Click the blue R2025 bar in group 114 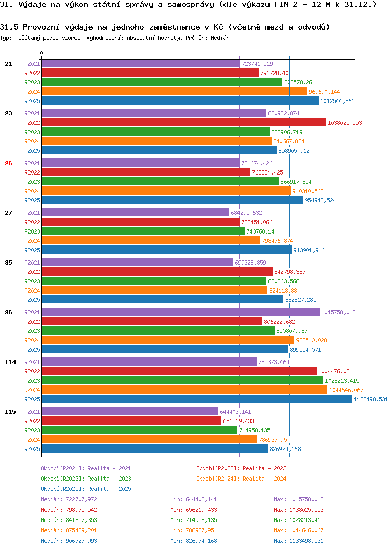(197, 399)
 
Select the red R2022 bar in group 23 (184, 122)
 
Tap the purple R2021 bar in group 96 (181, 312)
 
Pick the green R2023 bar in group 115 (140, 430)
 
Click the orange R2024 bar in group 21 (174, 91)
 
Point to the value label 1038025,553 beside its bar (345, 123)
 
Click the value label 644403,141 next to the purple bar (235, 412)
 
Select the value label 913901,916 (309, 250)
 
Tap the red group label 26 (8, 163)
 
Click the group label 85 (8, 263)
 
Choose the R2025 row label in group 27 (32, 250)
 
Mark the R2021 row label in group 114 (32, 362)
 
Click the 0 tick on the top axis (42, 54)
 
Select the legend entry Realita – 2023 (109, 479)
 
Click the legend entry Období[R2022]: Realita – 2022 (241, 468)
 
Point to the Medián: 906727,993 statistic (69, 541)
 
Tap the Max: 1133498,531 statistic (299, 541)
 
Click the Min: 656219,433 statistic (193, 510)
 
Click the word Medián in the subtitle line (220, 38)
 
